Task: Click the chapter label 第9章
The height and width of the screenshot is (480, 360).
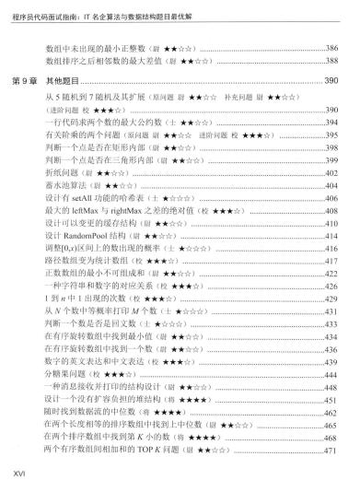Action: (x=27, y=83)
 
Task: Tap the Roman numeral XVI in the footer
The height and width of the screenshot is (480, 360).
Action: (x=12, y=473)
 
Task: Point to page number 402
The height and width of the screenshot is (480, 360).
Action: (x=339, y=171)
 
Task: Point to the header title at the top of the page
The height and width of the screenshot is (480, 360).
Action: (x=106, y=7)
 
